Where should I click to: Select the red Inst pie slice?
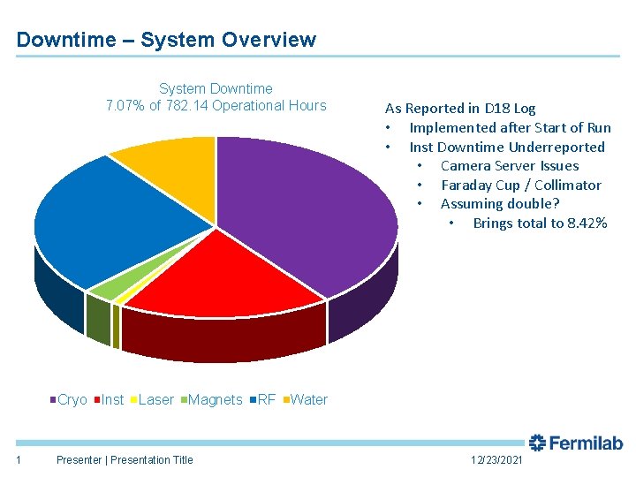coord(221,274)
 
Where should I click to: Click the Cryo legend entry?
coord(68,400)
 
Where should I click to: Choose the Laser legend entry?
coord(152,400)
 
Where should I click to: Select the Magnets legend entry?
coord(211,400)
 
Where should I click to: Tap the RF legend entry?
coord(262,400)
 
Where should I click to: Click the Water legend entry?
coord(305,400)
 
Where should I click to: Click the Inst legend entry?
coord(109,400)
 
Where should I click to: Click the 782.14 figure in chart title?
coord(185,106)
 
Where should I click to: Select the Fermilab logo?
coord(576,443)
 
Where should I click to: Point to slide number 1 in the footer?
coord(19,458)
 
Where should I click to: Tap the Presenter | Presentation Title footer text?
coord(124,459)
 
